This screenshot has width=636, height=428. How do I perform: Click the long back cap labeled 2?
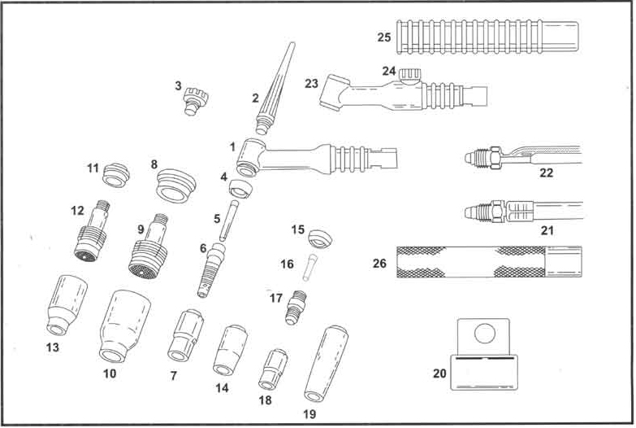coord(271,90)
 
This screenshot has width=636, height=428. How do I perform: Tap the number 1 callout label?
coord(232,146)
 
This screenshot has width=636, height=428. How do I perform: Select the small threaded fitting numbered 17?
coord(295,308)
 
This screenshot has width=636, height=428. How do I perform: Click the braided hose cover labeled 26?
coord(487,261)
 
